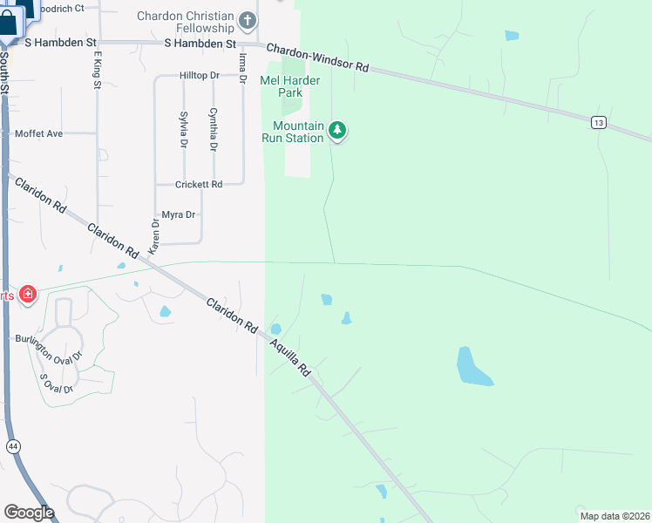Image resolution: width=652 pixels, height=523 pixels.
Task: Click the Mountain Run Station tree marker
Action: coord(337,132)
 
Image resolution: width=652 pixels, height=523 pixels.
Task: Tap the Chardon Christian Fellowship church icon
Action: coord(248,19)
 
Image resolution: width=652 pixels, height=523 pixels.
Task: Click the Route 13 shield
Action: coord(597,123)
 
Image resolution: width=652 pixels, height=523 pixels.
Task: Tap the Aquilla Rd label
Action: coord(289,358)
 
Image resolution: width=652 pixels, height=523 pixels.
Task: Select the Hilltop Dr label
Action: coord(200,76)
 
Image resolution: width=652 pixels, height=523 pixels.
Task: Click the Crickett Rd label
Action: coord(199,185)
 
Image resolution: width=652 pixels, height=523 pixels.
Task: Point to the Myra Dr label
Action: coord(179,214)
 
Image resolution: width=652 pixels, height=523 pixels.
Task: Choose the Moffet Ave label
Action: coord(39,133)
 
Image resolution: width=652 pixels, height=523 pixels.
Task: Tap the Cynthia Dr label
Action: coord(213,129)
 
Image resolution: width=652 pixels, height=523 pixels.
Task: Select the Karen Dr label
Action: coord(155,235)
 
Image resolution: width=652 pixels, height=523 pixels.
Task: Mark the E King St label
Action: coord(97,68)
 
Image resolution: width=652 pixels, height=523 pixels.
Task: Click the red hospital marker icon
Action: coord(27,294)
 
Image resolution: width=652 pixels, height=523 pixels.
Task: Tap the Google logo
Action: coord(29,513)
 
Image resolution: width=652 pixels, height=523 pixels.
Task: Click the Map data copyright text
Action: coord(615,515)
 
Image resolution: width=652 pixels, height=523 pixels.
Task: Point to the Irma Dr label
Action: coord(242,66)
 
